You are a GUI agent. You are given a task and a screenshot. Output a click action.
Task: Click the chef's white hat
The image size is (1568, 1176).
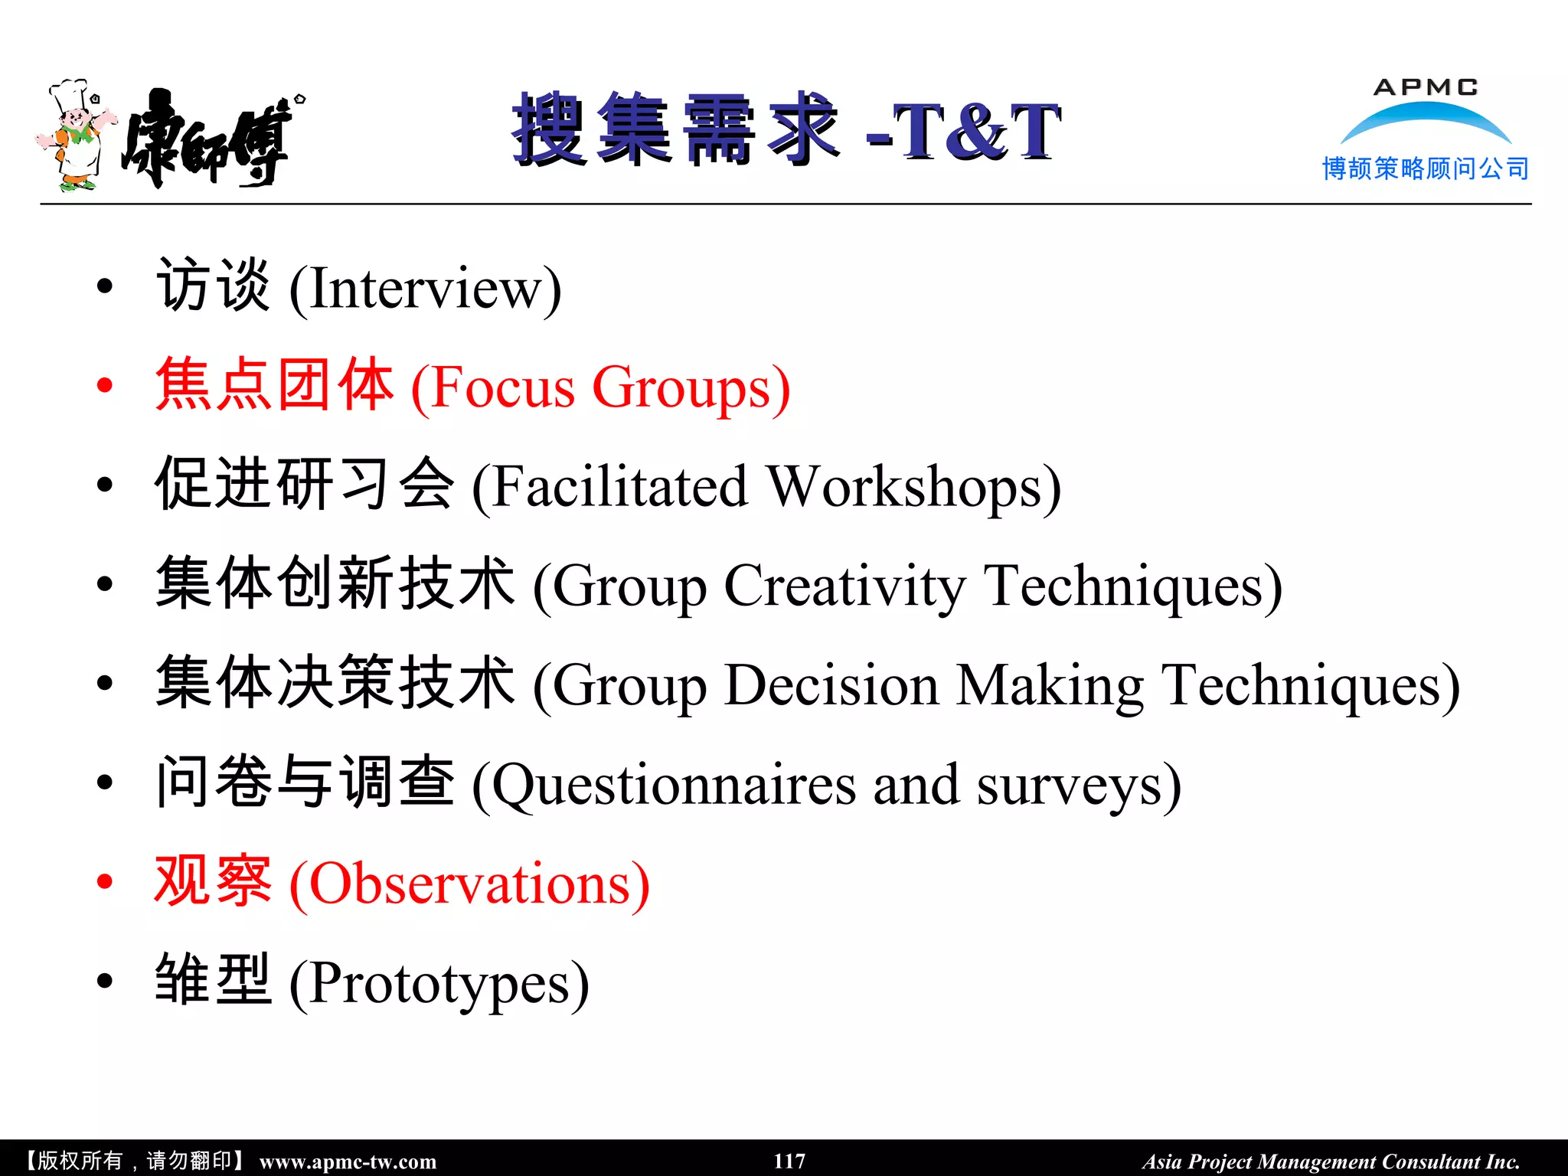pos(69,93)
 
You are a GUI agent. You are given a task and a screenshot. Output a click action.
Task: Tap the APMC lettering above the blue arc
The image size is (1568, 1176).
pos(1426,87)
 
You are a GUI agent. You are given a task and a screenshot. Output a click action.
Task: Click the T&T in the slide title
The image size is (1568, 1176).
pos(977,132)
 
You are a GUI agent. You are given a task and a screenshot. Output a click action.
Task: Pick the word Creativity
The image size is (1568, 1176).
pos(844,586)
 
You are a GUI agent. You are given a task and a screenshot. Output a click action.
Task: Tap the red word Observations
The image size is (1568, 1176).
pos(471,884)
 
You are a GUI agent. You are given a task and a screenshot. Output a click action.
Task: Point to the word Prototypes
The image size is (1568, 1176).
pos(440,984)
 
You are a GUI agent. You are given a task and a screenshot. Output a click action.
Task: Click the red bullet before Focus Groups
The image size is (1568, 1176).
pos(105,385)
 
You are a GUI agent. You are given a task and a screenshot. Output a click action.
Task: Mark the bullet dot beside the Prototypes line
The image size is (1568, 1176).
pos(105,981)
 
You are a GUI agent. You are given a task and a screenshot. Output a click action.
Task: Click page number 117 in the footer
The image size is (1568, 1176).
pos(789,1161)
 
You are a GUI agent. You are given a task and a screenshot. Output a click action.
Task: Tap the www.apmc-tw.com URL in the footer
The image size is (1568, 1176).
pos(348,1161)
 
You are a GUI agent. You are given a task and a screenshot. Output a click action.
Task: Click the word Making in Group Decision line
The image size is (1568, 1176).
pos(1050,685)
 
